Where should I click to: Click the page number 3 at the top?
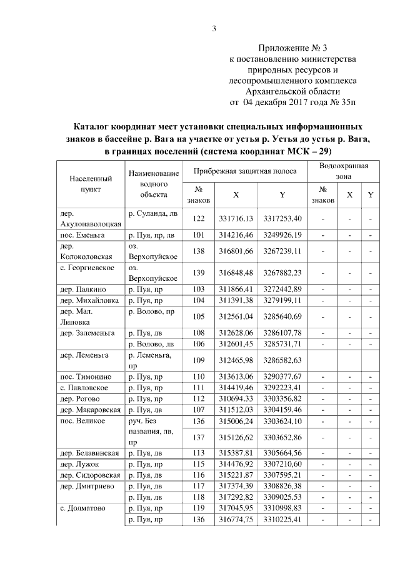coord(214,28)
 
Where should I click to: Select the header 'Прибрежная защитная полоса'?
coord(243,171)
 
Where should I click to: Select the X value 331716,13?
coord(236,218)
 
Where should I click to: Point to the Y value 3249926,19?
coord(282,235)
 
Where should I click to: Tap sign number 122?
coord(199,218)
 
